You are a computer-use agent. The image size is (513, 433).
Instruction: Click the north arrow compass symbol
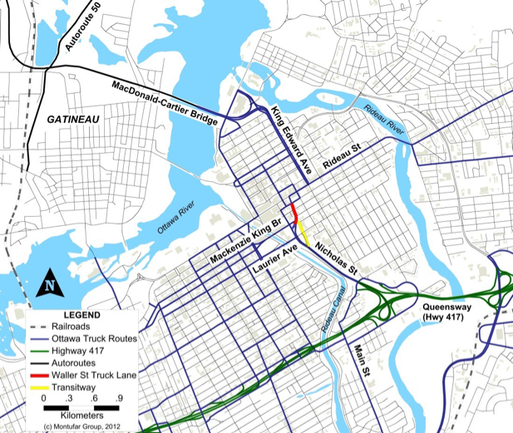coord(51,283)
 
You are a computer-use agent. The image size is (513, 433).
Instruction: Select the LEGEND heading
coord(81,316)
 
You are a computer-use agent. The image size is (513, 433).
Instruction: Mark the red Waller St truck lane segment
coord(293,213)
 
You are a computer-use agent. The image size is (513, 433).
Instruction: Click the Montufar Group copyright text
coord(82,426)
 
